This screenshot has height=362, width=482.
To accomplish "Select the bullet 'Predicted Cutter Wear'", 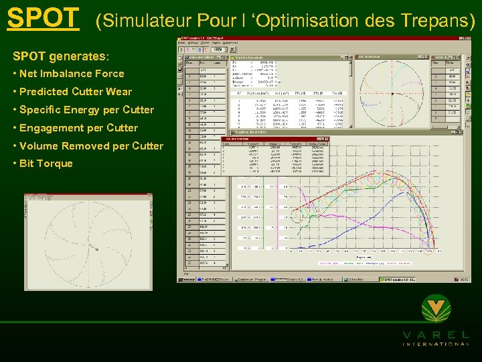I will click(x=76, y=92).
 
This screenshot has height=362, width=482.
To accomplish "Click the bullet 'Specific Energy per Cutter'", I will click(x=86, y=110).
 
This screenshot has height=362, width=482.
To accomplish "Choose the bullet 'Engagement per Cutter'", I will click(x=78, y=128).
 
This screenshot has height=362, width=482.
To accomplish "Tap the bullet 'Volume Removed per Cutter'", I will click(x=91, y=146).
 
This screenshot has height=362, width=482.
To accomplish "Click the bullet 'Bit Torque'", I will click(x=46, y=164).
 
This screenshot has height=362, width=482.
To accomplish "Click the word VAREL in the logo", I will click(x=436, y=334).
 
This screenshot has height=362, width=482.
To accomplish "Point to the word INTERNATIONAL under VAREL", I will click(x=436, y=344).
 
